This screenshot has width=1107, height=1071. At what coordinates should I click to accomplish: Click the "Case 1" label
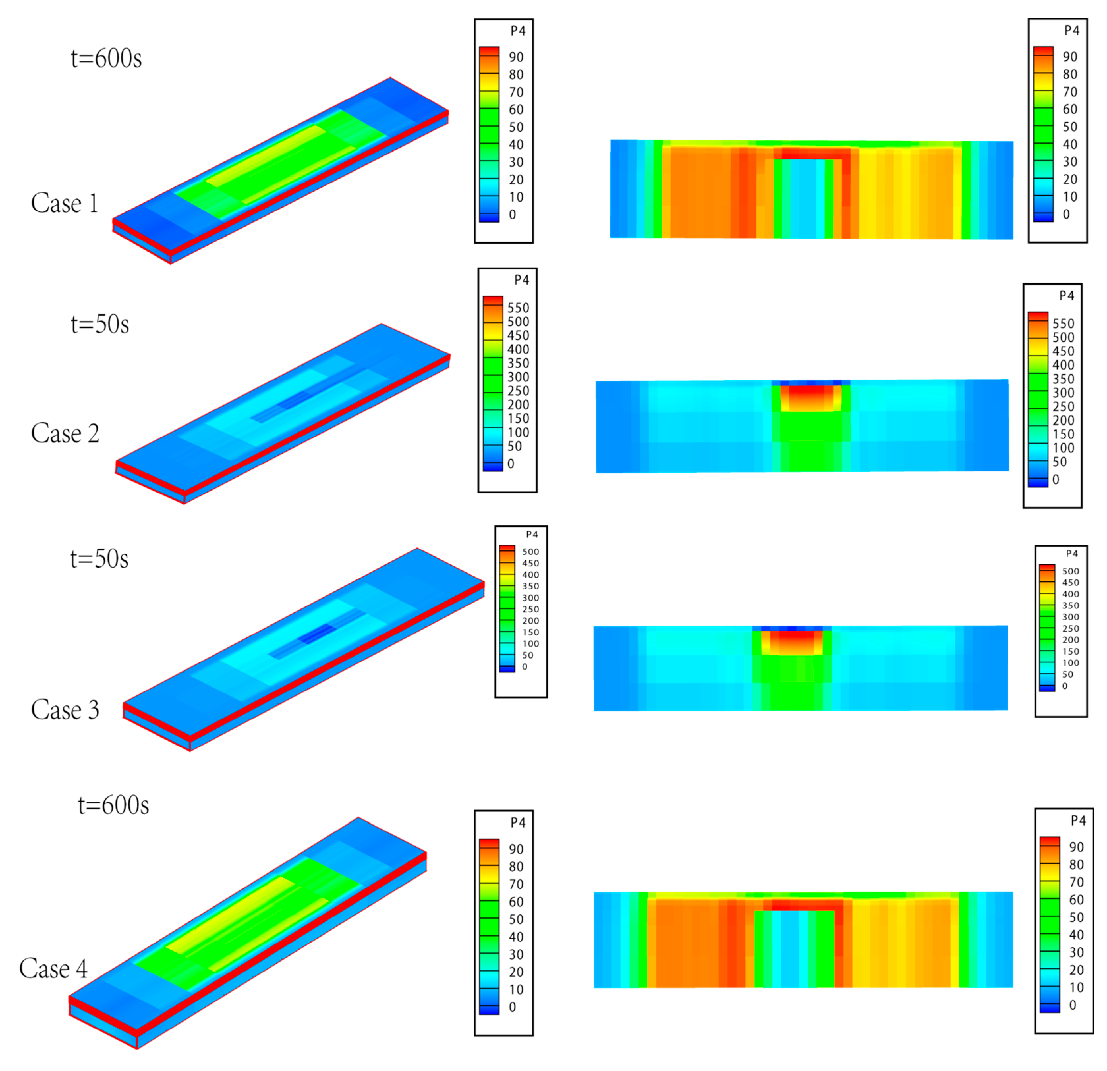[64, 203]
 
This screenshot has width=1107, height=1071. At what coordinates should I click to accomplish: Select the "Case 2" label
[65, 433]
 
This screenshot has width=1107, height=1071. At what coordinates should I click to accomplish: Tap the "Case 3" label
[65, 710]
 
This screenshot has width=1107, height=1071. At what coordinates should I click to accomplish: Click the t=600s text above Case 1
[106, 58]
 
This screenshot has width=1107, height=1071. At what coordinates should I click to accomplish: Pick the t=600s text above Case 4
[114, 805]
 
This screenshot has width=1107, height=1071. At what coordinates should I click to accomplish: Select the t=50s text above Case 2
[100, 324]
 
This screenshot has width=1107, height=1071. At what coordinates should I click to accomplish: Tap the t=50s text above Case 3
[99, 559]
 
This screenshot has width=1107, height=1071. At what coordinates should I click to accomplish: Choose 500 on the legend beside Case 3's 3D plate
[530, 551]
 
